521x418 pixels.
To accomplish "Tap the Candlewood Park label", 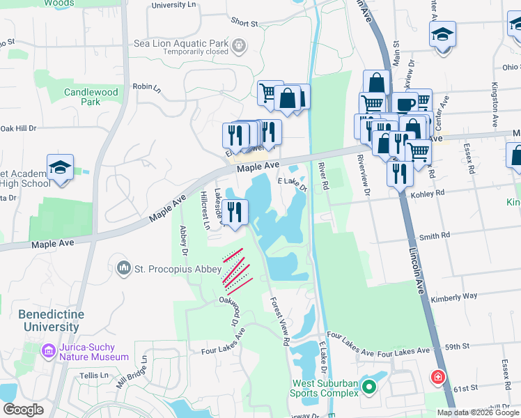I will (x=91, y=97).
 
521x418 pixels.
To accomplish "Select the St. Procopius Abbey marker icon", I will (x=124, y=268).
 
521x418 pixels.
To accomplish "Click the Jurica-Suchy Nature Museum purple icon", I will (x=49, y=351).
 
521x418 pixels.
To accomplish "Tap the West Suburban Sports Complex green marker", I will (x=369, y=386).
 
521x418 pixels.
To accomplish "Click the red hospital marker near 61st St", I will (x=437, y=378).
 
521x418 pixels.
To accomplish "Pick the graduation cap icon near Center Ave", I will (x=442, y=33).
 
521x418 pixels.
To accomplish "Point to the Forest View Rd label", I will (x=277, y=319).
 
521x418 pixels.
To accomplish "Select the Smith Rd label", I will (x=434, y=237).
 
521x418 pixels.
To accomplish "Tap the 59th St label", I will (x=458, y=346).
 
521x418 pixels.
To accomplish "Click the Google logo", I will (x=23, y=410).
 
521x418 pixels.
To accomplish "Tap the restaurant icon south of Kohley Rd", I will (x=400, y=172).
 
